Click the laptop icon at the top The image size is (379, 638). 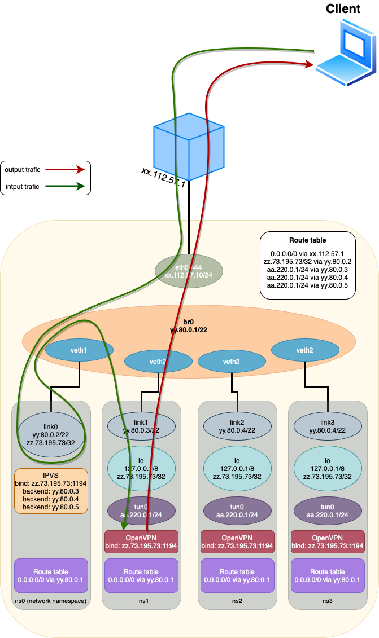pyautogui.click(x=346, y=54)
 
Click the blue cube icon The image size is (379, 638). pyautogui.click(x=189, y=147)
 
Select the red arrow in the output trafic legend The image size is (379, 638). pyautogui.click(x=65, y=169)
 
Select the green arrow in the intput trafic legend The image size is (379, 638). pyautogui.click(x=65, y=186)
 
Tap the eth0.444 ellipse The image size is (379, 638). pyautogui.click(x=189, y=271)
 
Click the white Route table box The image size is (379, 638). pyautogui.click(x=307, y=265)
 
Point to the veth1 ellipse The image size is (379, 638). pyautogui.click(x=79, y=350)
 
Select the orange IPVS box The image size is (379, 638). pyautogui.click(x=51, y=491)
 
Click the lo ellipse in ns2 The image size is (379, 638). pyautogui.click(x=237, y=468)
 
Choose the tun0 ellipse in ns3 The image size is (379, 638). pyautogui.click(x=328, y=511)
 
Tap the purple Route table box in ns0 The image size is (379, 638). pyautogui.click(x=51, y=575)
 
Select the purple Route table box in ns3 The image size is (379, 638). pyautogui.click(x=328, y=575)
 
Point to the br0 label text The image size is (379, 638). pyautogui.click(x=189, y=325)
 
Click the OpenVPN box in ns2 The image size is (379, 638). pyautogui.click(x=237, y=542)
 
